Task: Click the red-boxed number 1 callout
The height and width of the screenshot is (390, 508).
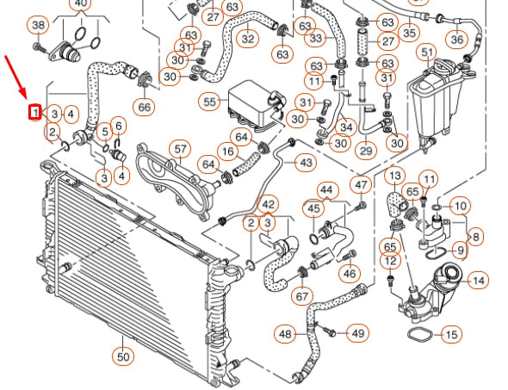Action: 35,112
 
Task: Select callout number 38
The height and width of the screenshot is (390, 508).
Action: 37,25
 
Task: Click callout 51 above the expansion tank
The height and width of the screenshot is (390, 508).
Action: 427,53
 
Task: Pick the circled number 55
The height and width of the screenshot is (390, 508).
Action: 210,102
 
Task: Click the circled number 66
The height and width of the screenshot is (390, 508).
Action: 143,107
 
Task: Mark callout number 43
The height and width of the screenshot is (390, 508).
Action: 306,162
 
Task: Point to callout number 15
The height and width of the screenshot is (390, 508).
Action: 451,333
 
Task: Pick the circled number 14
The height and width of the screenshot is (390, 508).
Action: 479,280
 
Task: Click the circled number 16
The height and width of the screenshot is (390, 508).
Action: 227,152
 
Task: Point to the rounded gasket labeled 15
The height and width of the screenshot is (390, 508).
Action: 418,333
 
